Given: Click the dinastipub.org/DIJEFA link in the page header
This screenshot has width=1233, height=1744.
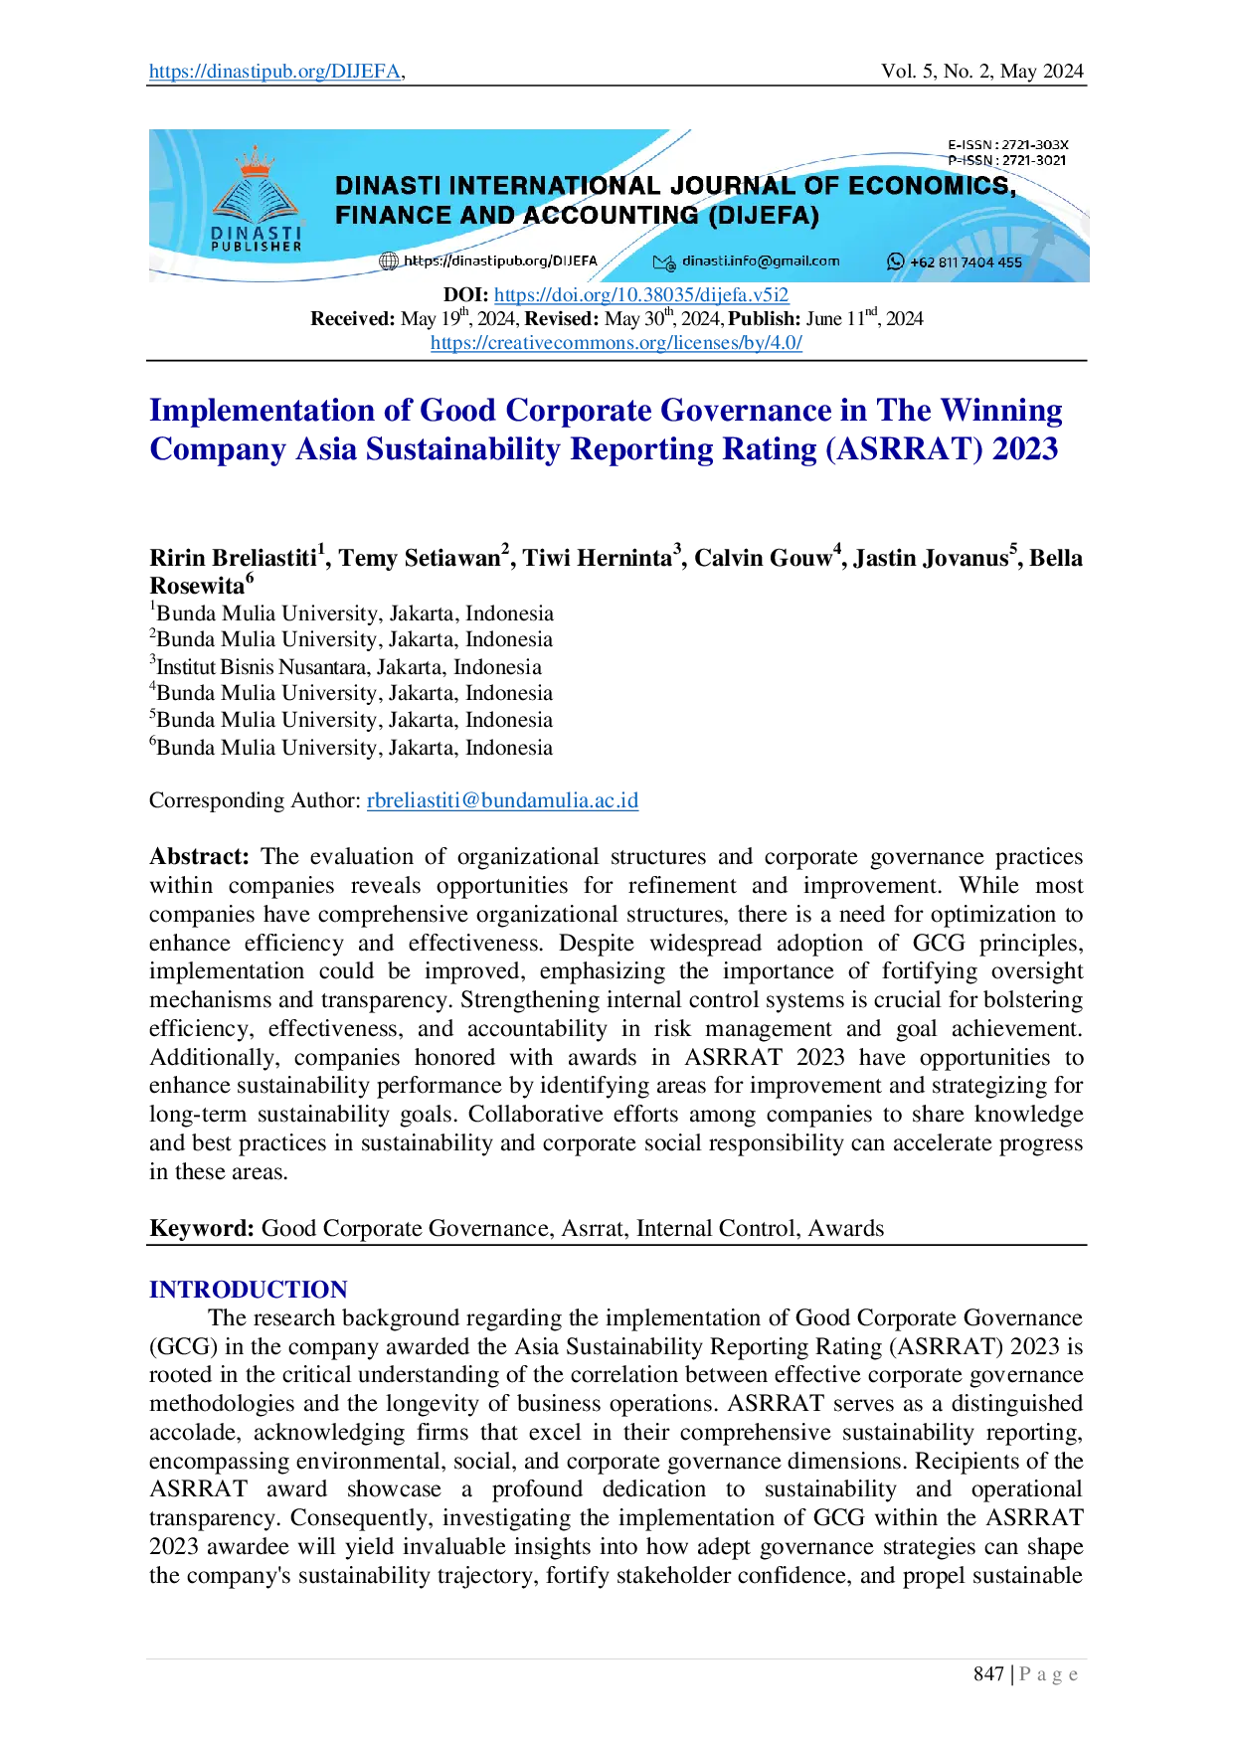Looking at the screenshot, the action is tap(274, 72).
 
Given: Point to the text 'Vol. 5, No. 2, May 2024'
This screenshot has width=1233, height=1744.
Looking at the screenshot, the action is tap(981, 72).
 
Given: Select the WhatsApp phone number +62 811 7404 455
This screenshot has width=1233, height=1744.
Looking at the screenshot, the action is tap(966, 262).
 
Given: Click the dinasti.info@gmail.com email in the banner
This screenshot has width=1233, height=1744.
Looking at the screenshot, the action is tap(761, 262).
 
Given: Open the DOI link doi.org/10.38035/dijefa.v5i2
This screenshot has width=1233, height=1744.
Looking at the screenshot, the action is tap(640, 294).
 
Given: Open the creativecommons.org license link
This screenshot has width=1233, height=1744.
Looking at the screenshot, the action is tap(616, 343).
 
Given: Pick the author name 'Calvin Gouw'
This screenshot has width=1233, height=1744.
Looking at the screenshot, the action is tap(764, 558).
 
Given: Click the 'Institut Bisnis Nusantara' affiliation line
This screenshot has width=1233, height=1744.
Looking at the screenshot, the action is tap(346, 666).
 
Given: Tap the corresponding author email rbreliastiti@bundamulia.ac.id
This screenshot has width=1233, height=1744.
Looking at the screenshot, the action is tap(502, 800).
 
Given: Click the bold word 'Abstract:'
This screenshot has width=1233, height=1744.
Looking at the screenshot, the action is tap(199, 857).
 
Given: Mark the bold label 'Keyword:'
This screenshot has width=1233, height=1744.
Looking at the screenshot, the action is tap(202, 1229).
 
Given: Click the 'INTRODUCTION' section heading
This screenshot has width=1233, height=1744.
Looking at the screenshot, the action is tap(249, 1290).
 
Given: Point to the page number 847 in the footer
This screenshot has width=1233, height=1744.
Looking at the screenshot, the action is tap(988, 1674).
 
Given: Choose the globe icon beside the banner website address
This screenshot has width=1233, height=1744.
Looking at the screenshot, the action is tap(389, 262).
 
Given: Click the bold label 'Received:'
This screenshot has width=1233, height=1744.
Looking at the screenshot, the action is tap(353, 319).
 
